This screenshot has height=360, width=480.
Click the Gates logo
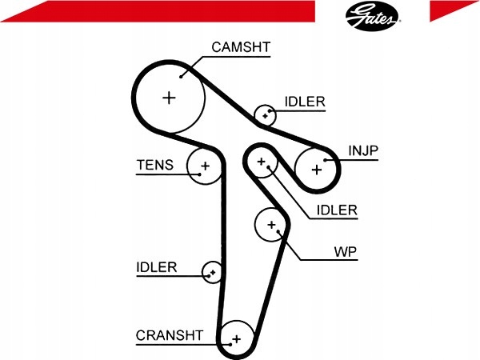(x=372, y=16)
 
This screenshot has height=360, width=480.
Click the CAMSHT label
(x=241, y=47)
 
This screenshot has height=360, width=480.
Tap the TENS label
(x=155, y=165)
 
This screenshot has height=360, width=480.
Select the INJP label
(x=363, y=150)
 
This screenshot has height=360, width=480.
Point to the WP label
(x=346, y=252)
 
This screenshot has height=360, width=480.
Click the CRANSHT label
(x=170, y=335)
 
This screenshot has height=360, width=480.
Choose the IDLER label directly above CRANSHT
(x=157, y=267)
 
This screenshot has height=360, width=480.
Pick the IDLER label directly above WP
(x=337, y=210)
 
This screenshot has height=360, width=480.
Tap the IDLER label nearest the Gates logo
(x=305, y=102)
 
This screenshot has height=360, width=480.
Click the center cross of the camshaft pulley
(x=169, y=98)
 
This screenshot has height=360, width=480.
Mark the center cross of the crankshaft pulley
(x=236, y=339)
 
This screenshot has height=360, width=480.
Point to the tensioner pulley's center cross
(x=205, y=166)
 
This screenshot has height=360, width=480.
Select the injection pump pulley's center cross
(x=317, y=170)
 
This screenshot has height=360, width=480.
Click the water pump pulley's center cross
(x=271, y=225)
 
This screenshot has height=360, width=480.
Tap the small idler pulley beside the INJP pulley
(x=261, y=162)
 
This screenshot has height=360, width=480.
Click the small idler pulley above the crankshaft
(x=213, y=272)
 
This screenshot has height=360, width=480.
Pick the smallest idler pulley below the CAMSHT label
(x=265, y=115)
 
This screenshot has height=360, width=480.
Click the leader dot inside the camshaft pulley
(x=181, y=77)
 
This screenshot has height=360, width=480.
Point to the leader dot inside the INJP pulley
(x=325, y=160)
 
